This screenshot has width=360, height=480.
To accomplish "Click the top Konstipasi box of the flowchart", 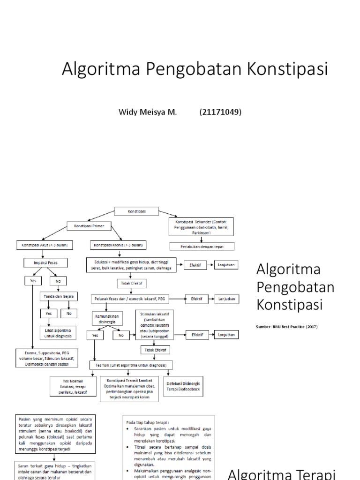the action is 137,211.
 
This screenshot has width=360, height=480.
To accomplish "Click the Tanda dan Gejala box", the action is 59,297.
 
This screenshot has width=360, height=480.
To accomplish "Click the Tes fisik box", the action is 128,365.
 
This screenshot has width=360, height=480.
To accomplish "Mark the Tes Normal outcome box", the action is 73,386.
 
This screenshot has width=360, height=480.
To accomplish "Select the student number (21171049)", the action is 220,112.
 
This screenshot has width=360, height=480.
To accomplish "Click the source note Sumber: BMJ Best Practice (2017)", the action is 286,327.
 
